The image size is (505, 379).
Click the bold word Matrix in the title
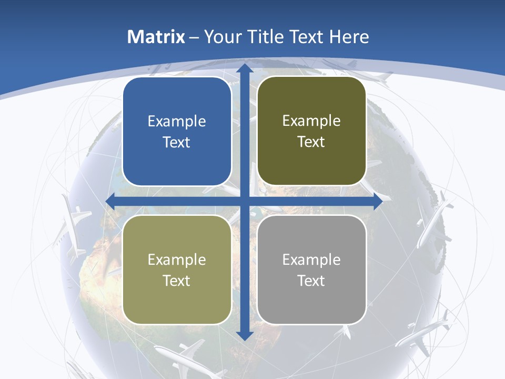click(156, 37)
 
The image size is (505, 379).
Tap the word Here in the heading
click(349, 37)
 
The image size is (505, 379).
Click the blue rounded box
click(177, 132)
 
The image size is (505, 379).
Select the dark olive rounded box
click(311, 131)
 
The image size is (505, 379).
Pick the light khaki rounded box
click(177, 270)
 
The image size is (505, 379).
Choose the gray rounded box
click(311, 270)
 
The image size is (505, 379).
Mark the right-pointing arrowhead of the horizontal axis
click(378, 201)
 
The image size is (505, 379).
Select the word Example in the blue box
click(177, 122)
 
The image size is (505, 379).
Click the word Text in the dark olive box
click(311, 142)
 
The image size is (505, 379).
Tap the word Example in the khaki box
click(177, 260)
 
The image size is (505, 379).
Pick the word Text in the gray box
click(311, 281)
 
